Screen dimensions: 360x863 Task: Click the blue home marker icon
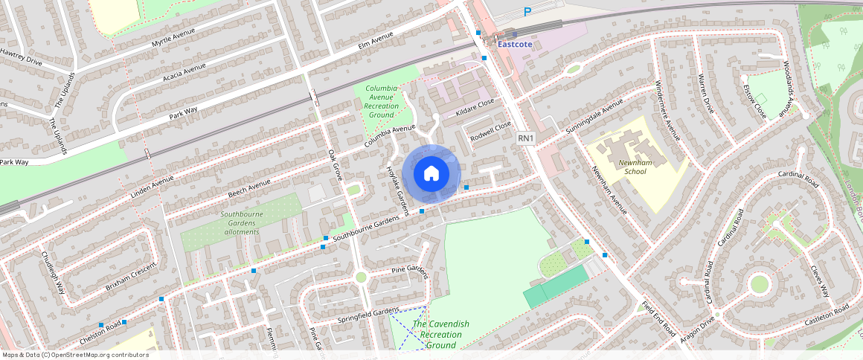pyautogui.click(x=431, y=174)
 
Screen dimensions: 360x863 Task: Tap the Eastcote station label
pyautogui.click(x=515, y=44)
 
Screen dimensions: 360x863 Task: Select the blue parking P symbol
pyautogui.click(x=527, y=11)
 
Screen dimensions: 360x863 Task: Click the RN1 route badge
pyautogui.click(x=526, y=138)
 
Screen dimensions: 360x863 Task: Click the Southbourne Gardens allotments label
pyautogui.click(x=240, y=222)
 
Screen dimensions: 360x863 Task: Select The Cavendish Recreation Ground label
pyautogui.click(x=440, y=335)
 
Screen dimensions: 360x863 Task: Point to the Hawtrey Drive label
pyautogui.click(x=21, y=57)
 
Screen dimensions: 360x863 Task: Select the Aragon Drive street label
pyautogui.click(x=696, y=329)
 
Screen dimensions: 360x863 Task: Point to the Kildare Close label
pyautogui.click(x=475, y=107)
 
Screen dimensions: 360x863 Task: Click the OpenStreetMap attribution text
pyautogui.click(x=75, y=355)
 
